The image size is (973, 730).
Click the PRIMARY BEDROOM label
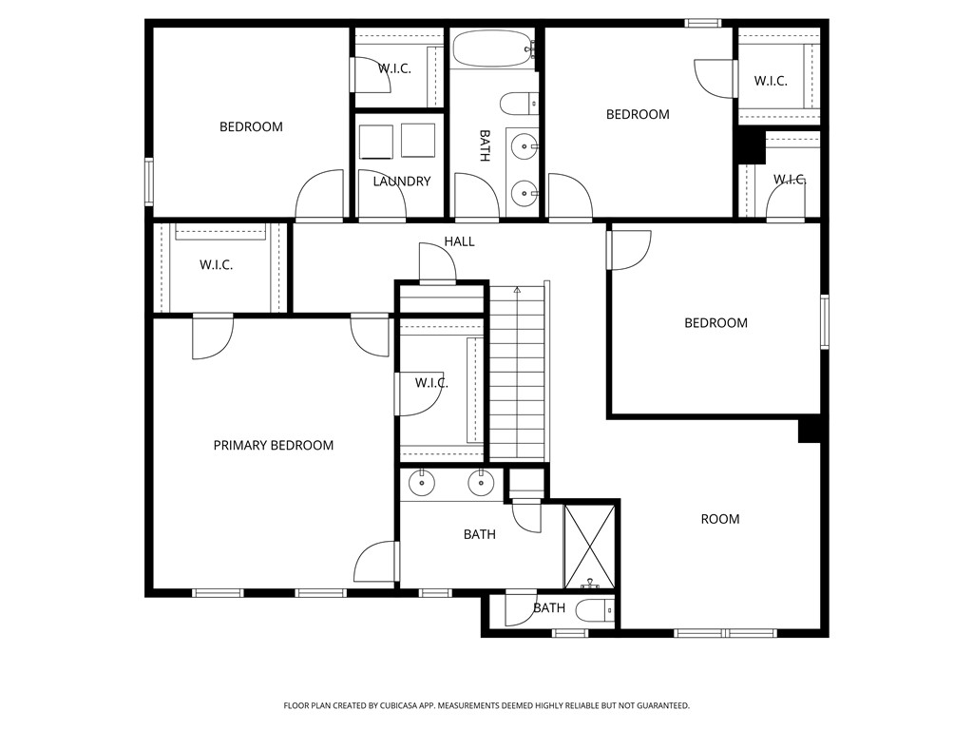[x=273, y=445]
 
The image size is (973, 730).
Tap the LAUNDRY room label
[x=402, y=182]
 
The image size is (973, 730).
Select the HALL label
[x=459, y=241]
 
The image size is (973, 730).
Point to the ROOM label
[x=720, y=519]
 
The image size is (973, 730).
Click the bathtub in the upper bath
[x=493, y=48]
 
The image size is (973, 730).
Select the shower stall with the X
[x=589, y=547]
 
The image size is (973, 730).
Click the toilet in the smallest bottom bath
[x=595, y=611]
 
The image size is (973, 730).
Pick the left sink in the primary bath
[x=422, y=483]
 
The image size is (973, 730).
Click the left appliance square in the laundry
[x=376, y=142]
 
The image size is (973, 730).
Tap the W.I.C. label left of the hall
[x=216, y=265]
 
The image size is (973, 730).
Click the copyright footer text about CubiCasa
[x=486, y=706]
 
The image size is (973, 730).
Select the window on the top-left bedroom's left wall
[x=149, y=182]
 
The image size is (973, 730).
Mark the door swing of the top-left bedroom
[x=319, y=194]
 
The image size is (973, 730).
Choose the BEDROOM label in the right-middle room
[x=715, y=323]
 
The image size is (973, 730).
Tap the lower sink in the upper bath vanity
[x=525, y=194]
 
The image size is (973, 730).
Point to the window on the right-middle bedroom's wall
[x=825, y=321]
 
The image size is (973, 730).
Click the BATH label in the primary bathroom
[x=480, y=534]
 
